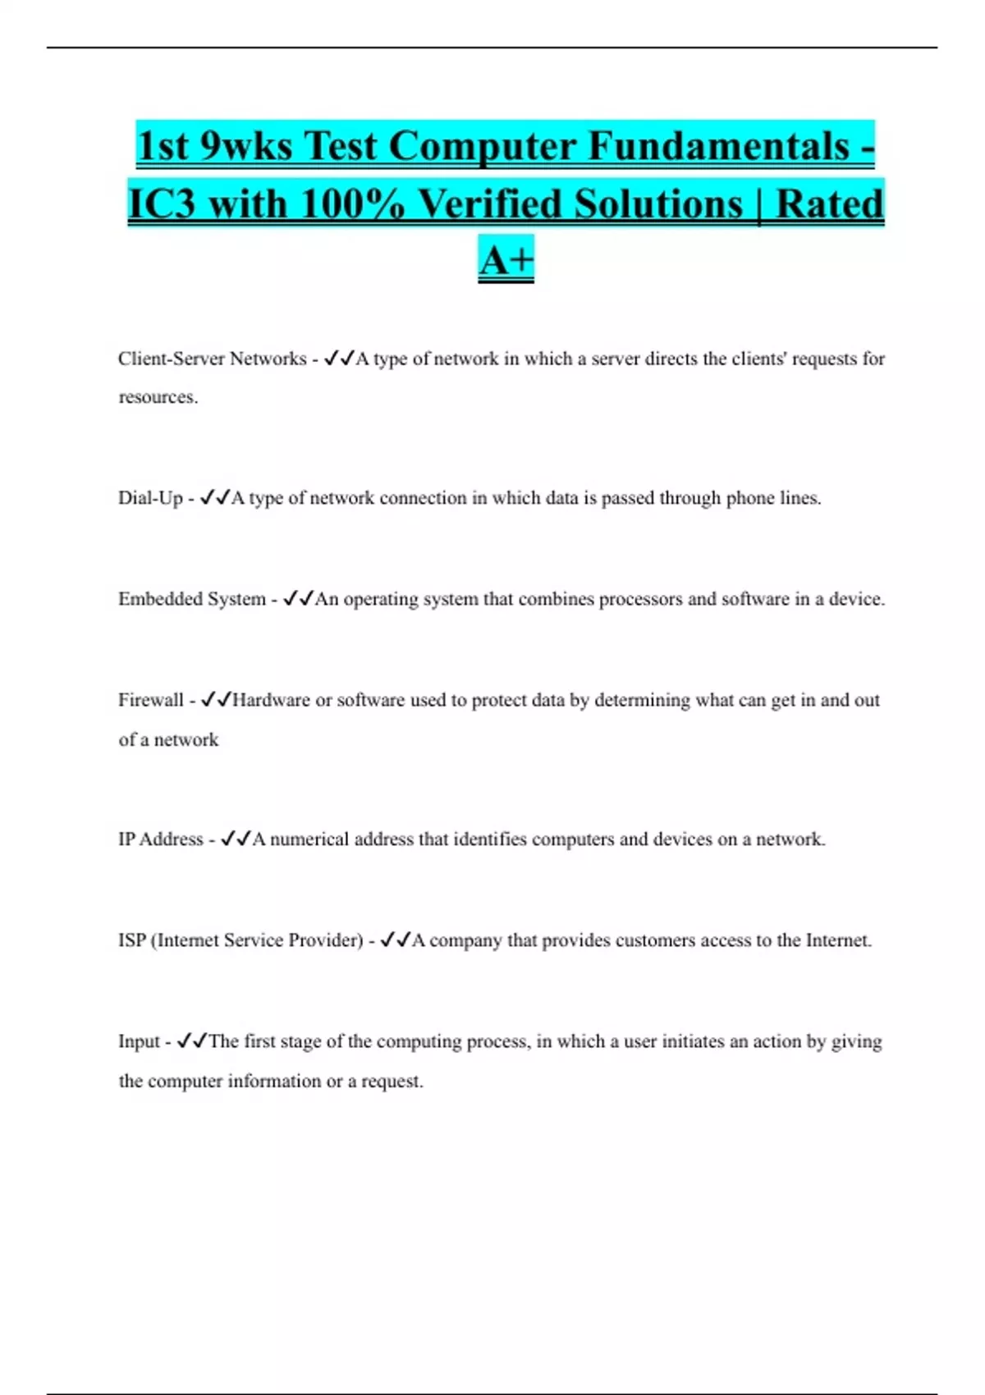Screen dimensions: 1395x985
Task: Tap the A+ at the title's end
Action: (x=506, y=260)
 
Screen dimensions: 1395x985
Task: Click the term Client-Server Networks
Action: (x=212, y=359)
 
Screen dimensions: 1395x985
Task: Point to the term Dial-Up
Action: (x=150, y=498)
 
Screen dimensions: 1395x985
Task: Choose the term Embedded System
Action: (x=192, y=599)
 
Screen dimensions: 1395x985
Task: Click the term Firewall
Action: (x=151, y=700)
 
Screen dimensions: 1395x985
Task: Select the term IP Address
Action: (x=160, y=839)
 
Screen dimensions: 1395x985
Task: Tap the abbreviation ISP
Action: (x=132, y=940)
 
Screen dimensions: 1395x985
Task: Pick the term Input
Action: (x=139, y=1041)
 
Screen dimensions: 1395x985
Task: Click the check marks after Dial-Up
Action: (x=215, y=497)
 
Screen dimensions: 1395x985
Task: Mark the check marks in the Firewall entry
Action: (x=216, y=699)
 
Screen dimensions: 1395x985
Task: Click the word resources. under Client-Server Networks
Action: (x=158, y=397)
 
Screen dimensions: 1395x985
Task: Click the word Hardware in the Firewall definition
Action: (x=271, y=700)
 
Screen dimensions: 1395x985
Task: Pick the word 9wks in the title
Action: (x=246, y=147)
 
